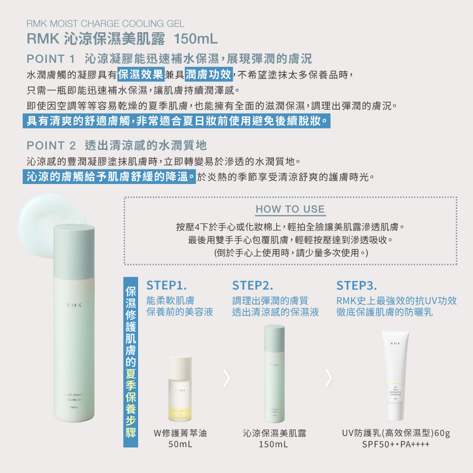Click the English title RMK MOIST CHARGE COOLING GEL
tap(105, 23)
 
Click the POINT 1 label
tap(51, 59)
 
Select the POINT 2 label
tap(51, 145)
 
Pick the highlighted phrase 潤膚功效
tap(208, 74)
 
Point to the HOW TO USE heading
tap(290, 209)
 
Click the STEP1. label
tap(166, 286)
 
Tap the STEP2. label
tap(253, 286)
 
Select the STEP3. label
tap(357, 286)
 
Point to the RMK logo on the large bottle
tap(74, 306)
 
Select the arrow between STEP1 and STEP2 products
tap(227, 377)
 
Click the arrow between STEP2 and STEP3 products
tap(329, 377)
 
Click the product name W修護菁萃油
tap(180, 433)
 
